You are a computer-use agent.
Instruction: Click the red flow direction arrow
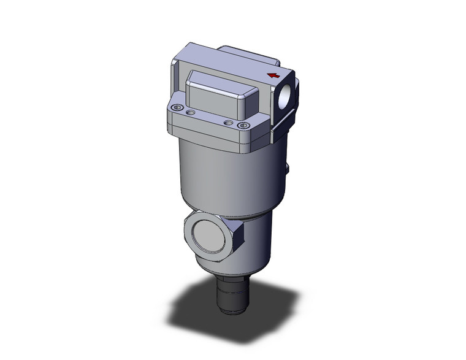click(272, 76)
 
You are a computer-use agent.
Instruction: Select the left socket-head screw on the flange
click(177, 109)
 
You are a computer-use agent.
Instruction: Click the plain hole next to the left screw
click(191, 113)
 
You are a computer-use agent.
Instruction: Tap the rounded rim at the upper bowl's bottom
click(227, 212)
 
